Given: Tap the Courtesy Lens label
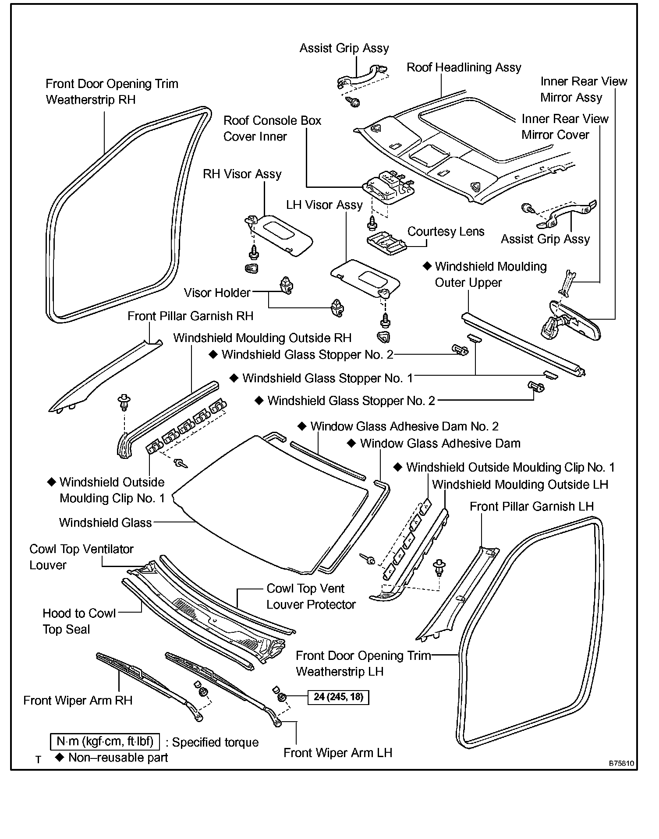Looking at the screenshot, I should point(446,232).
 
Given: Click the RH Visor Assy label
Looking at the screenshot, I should point(242,174).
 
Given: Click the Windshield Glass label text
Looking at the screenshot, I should point(105,522).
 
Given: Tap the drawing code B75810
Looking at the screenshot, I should point(621,763).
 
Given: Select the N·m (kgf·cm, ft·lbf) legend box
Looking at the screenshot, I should point(105,741).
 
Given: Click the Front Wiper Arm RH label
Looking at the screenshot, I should point(78,700).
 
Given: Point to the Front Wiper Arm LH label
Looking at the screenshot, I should point(337,753).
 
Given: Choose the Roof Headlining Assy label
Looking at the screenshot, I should point(464,67).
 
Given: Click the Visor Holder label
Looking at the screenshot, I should point(217,293).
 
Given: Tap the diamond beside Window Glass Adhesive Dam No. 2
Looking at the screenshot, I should point(301,426).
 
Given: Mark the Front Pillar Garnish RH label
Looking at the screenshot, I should point(190,316).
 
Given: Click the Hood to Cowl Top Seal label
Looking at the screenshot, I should point(79,621).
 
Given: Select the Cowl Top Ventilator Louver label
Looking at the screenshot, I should point(81,557).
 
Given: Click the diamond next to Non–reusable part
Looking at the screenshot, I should point(60,757).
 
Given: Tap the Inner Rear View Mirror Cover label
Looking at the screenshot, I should point(564,127).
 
